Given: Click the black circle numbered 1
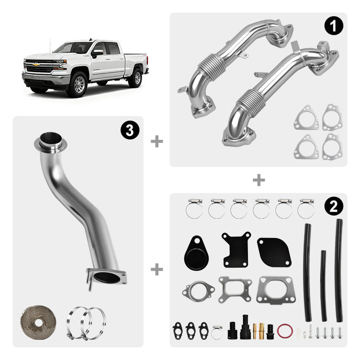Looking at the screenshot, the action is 333,26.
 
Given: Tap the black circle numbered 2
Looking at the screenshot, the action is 333,206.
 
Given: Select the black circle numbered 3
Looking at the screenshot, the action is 130,130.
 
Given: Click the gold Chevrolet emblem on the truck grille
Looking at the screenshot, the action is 35,64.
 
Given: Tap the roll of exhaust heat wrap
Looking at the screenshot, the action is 38,322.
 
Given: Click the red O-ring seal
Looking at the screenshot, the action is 285,330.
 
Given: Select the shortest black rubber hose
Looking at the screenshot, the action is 323,285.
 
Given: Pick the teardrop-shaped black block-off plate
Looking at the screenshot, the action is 196,253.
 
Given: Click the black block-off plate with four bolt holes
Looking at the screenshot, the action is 236,249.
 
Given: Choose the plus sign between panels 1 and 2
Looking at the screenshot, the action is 259,180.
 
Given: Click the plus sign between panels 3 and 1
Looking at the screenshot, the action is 157,141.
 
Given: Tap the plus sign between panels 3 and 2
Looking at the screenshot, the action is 157,269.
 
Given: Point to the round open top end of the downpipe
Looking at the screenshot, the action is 50,140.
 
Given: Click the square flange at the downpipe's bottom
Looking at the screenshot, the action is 106,277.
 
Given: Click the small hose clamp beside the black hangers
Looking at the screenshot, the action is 216,332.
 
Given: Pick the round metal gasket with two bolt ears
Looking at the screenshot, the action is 198,291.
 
